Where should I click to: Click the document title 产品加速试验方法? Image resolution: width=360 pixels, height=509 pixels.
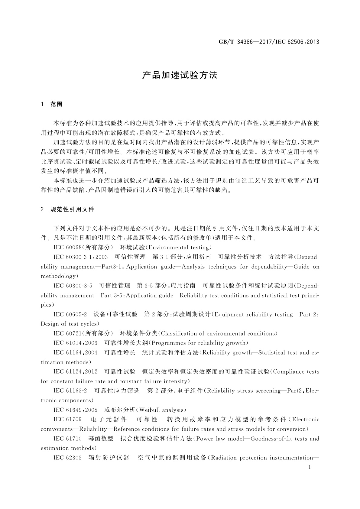180,75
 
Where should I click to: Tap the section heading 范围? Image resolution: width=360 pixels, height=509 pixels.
56,104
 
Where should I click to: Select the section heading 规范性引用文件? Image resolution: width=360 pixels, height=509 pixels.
72,209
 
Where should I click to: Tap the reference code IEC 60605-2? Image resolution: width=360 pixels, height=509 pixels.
70,314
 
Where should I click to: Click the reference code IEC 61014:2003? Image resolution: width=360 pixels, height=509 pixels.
75,343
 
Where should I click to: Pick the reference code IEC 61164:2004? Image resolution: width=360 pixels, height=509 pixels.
75,352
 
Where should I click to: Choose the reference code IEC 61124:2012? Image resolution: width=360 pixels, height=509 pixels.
75,371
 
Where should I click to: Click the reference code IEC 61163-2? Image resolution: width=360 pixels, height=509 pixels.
70,391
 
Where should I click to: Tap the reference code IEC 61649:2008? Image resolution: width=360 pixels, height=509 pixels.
75,410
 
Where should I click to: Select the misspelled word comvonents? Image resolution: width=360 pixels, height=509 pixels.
57,429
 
